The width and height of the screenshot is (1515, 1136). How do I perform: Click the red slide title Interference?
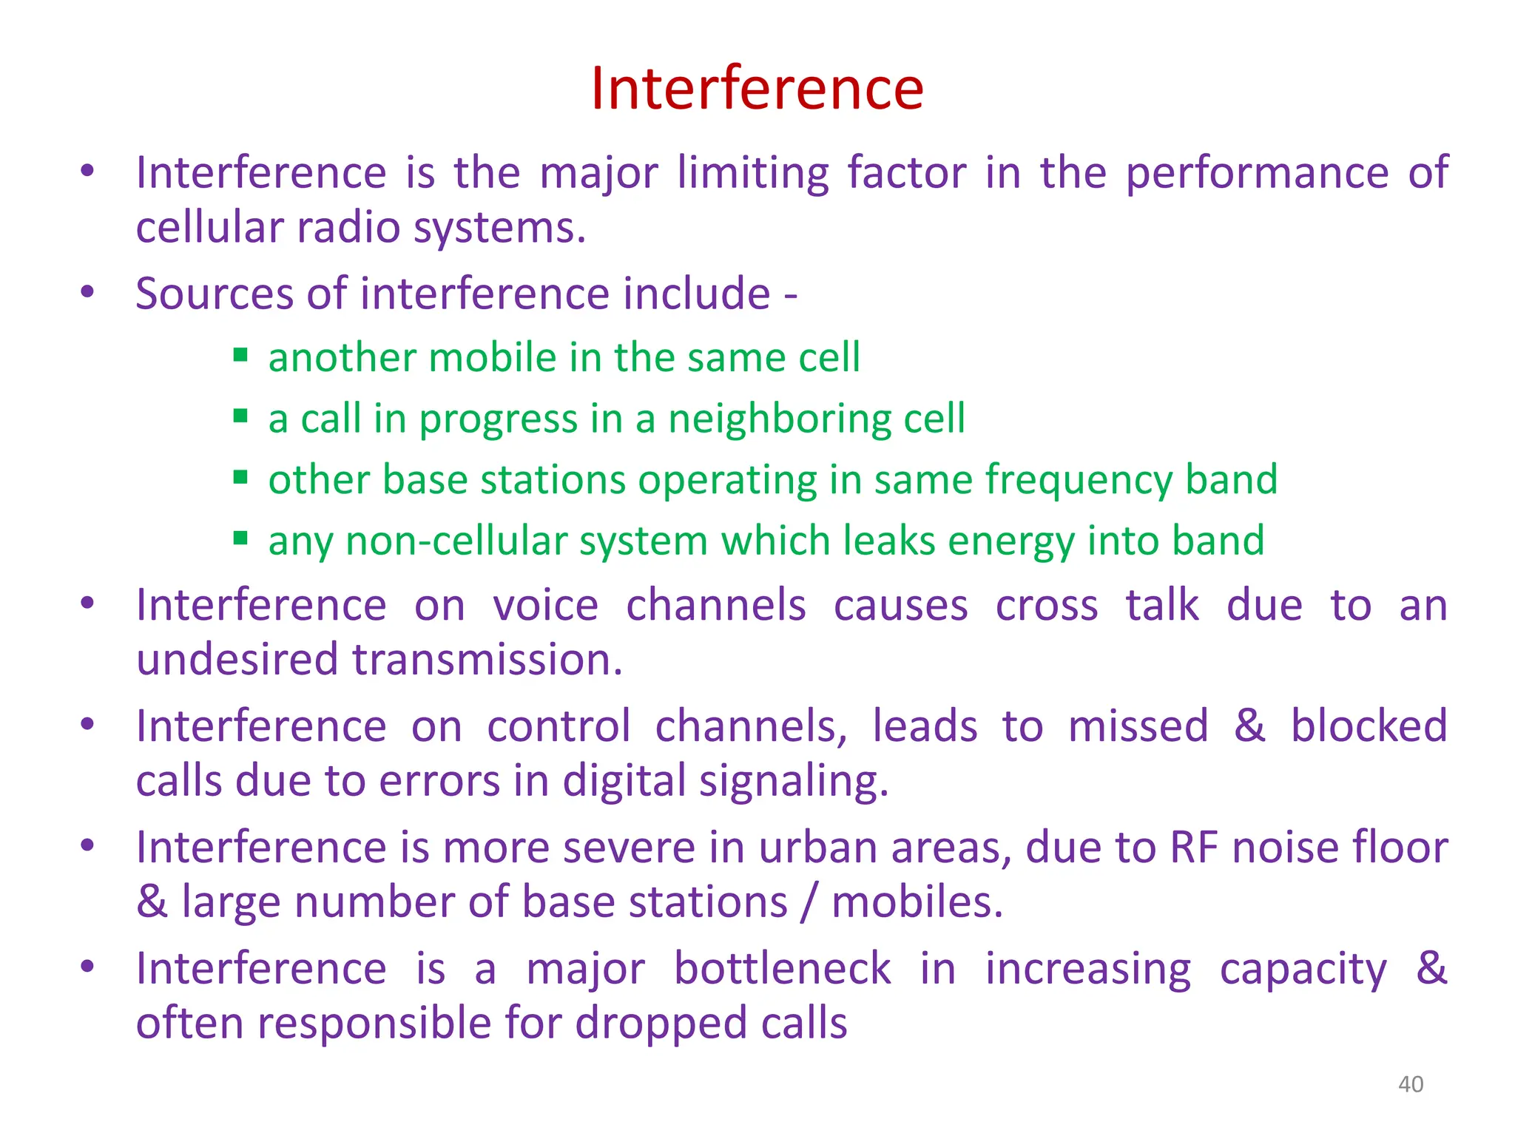(757, 89)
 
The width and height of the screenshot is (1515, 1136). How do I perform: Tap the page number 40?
(1410, 1084)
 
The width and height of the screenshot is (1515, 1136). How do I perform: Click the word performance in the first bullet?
(1257, 175)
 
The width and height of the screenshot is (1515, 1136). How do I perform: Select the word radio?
(347, 228)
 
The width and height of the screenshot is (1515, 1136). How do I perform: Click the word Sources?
(215, 294)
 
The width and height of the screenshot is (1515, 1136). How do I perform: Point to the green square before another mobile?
(240, 355)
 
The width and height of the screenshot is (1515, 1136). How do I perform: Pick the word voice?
(545, 606)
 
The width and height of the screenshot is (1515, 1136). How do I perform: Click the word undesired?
(237, 660)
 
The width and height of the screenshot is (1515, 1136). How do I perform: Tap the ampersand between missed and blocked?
(1249, 726)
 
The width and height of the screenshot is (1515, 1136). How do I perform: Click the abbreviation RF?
(1193, 848)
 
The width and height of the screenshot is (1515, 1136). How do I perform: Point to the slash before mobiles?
(810, 902)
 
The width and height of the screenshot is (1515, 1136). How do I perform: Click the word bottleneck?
(782, 969)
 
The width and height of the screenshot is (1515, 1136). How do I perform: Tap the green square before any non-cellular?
(240, 538)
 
